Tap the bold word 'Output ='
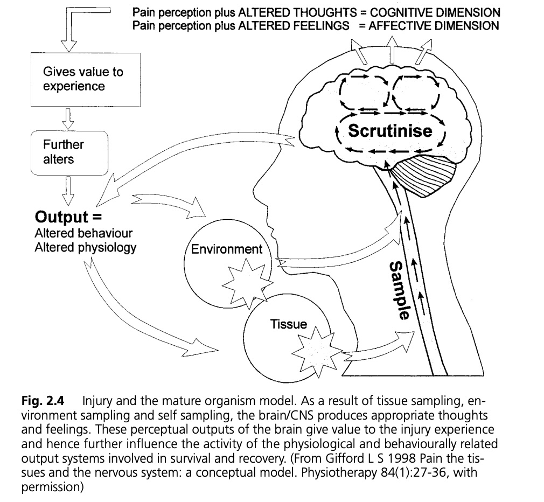coord(61,217)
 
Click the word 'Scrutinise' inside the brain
coord(390,131)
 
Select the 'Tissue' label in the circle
coord(289,324)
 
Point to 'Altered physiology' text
coord(86,248)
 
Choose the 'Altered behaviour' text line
coord(83,234)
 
